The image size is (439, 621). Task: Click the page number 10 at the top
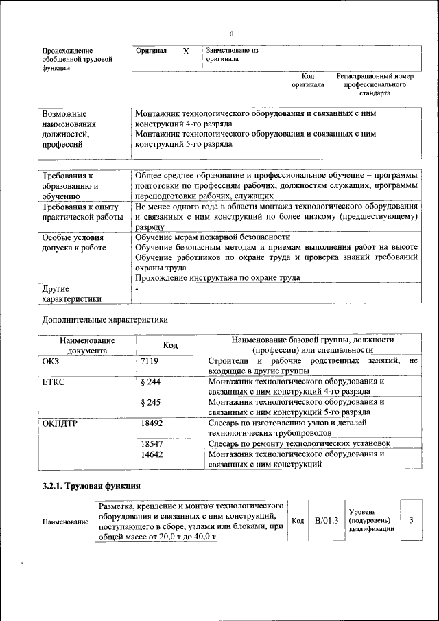click(x=229, y=34)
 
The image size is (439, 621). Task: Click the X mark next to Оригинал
click(x=186, y=51)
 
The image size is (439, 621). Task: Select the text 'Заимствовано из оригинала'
click(x=232, y=55)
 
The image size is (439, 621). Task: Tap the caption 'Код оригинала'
click(x=308, y=80)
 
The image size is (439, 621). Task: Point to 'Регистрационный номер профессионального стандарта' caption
click(x=376, y=84)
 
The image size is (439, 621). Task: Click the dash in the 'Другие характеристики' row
click(x=137, y=290)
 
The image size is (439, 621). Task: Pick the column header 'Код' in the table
click(x=170, y=345)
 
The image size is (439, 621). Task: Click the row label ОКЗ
click(x=51, y=361)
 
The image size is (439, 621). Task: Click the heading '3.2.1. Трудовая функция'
click(x=92, y=487)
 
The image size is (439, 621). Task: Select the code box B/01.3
click(x=327, y=521)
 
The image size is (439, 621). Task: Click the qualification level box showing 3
click(x=411, y=520)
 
